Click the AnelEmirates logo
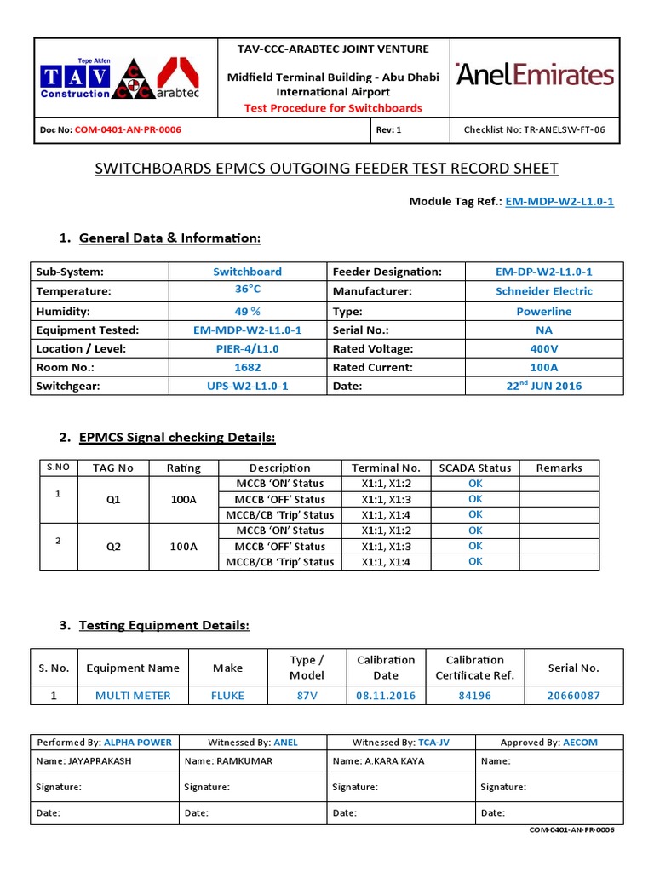click(x=535, y=75)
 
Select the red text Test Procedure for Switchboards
click(x=333, y=107)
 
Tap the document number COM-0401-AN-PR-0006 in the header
click(x=128, y=130)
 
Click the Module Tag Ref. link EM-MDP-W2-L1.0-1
click(x=559, y=202)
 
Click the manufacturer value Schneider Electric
click(x=544, y=290)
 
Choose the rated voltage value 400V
click(x=544, y=348)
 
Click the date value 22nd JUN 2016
click(x=544, y=386)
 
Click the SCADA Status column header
click(x=474, y=468)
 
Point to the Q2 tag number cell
click(x=113, y=547)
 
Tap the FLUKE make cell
click(x=227, y=696)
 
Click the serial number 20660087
click(x=573, y=696)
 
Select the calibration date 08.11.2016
click(x=385, y=696)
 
